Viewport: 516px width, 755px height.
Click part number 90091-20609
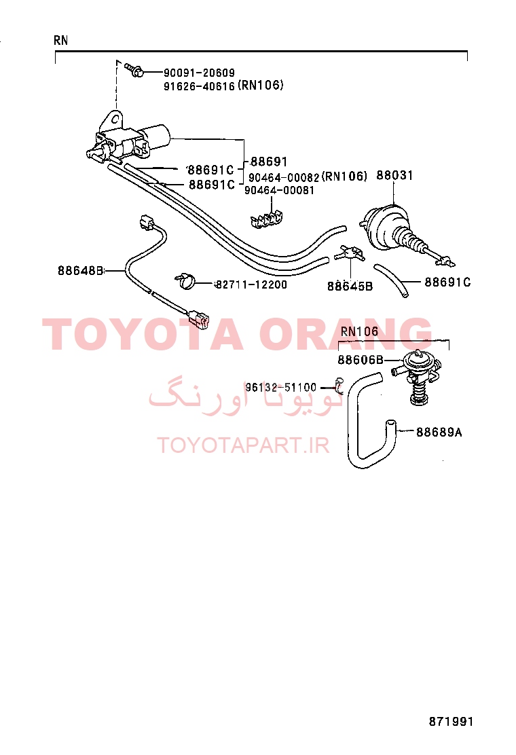[x=200, y=73]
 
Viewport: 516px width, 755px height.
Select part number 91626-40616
[x=200, y=86]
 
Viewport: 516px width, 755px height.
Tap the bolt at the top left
[x=134, y=70]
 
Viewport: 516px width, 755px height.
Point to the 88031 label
[x=394, y=175]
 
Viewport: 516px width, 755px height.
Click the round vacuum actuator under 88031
[x=385, y=229]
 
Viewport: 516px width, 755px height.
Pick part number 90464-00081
[x=279, y=190]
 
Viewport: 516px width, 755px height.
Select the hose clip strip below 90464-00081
[x=266, y=218]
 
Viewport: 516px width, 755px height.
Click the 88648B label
[x=80, y=271]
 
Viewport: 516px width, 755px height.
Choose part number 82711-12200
[x=251, y=284]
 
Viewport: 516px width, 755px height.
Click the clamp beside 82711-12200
[x=185, y=280]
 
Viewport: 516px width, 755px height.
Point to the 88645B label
[x=350, y=287]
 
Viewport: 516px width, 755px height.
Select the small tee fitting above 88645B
[x=350, y=253]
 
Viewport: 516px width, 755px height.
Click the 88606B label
[x=361, y=360]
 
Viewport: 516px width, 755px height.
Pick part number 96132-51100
[x=281, y=388]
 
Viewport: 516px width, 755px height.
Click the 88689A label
[x=439, y=432]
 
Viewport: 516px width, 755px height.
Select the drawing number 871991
[x=451, y=721]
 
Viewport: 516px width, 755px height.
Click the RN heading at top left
[x=61, y=41]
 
